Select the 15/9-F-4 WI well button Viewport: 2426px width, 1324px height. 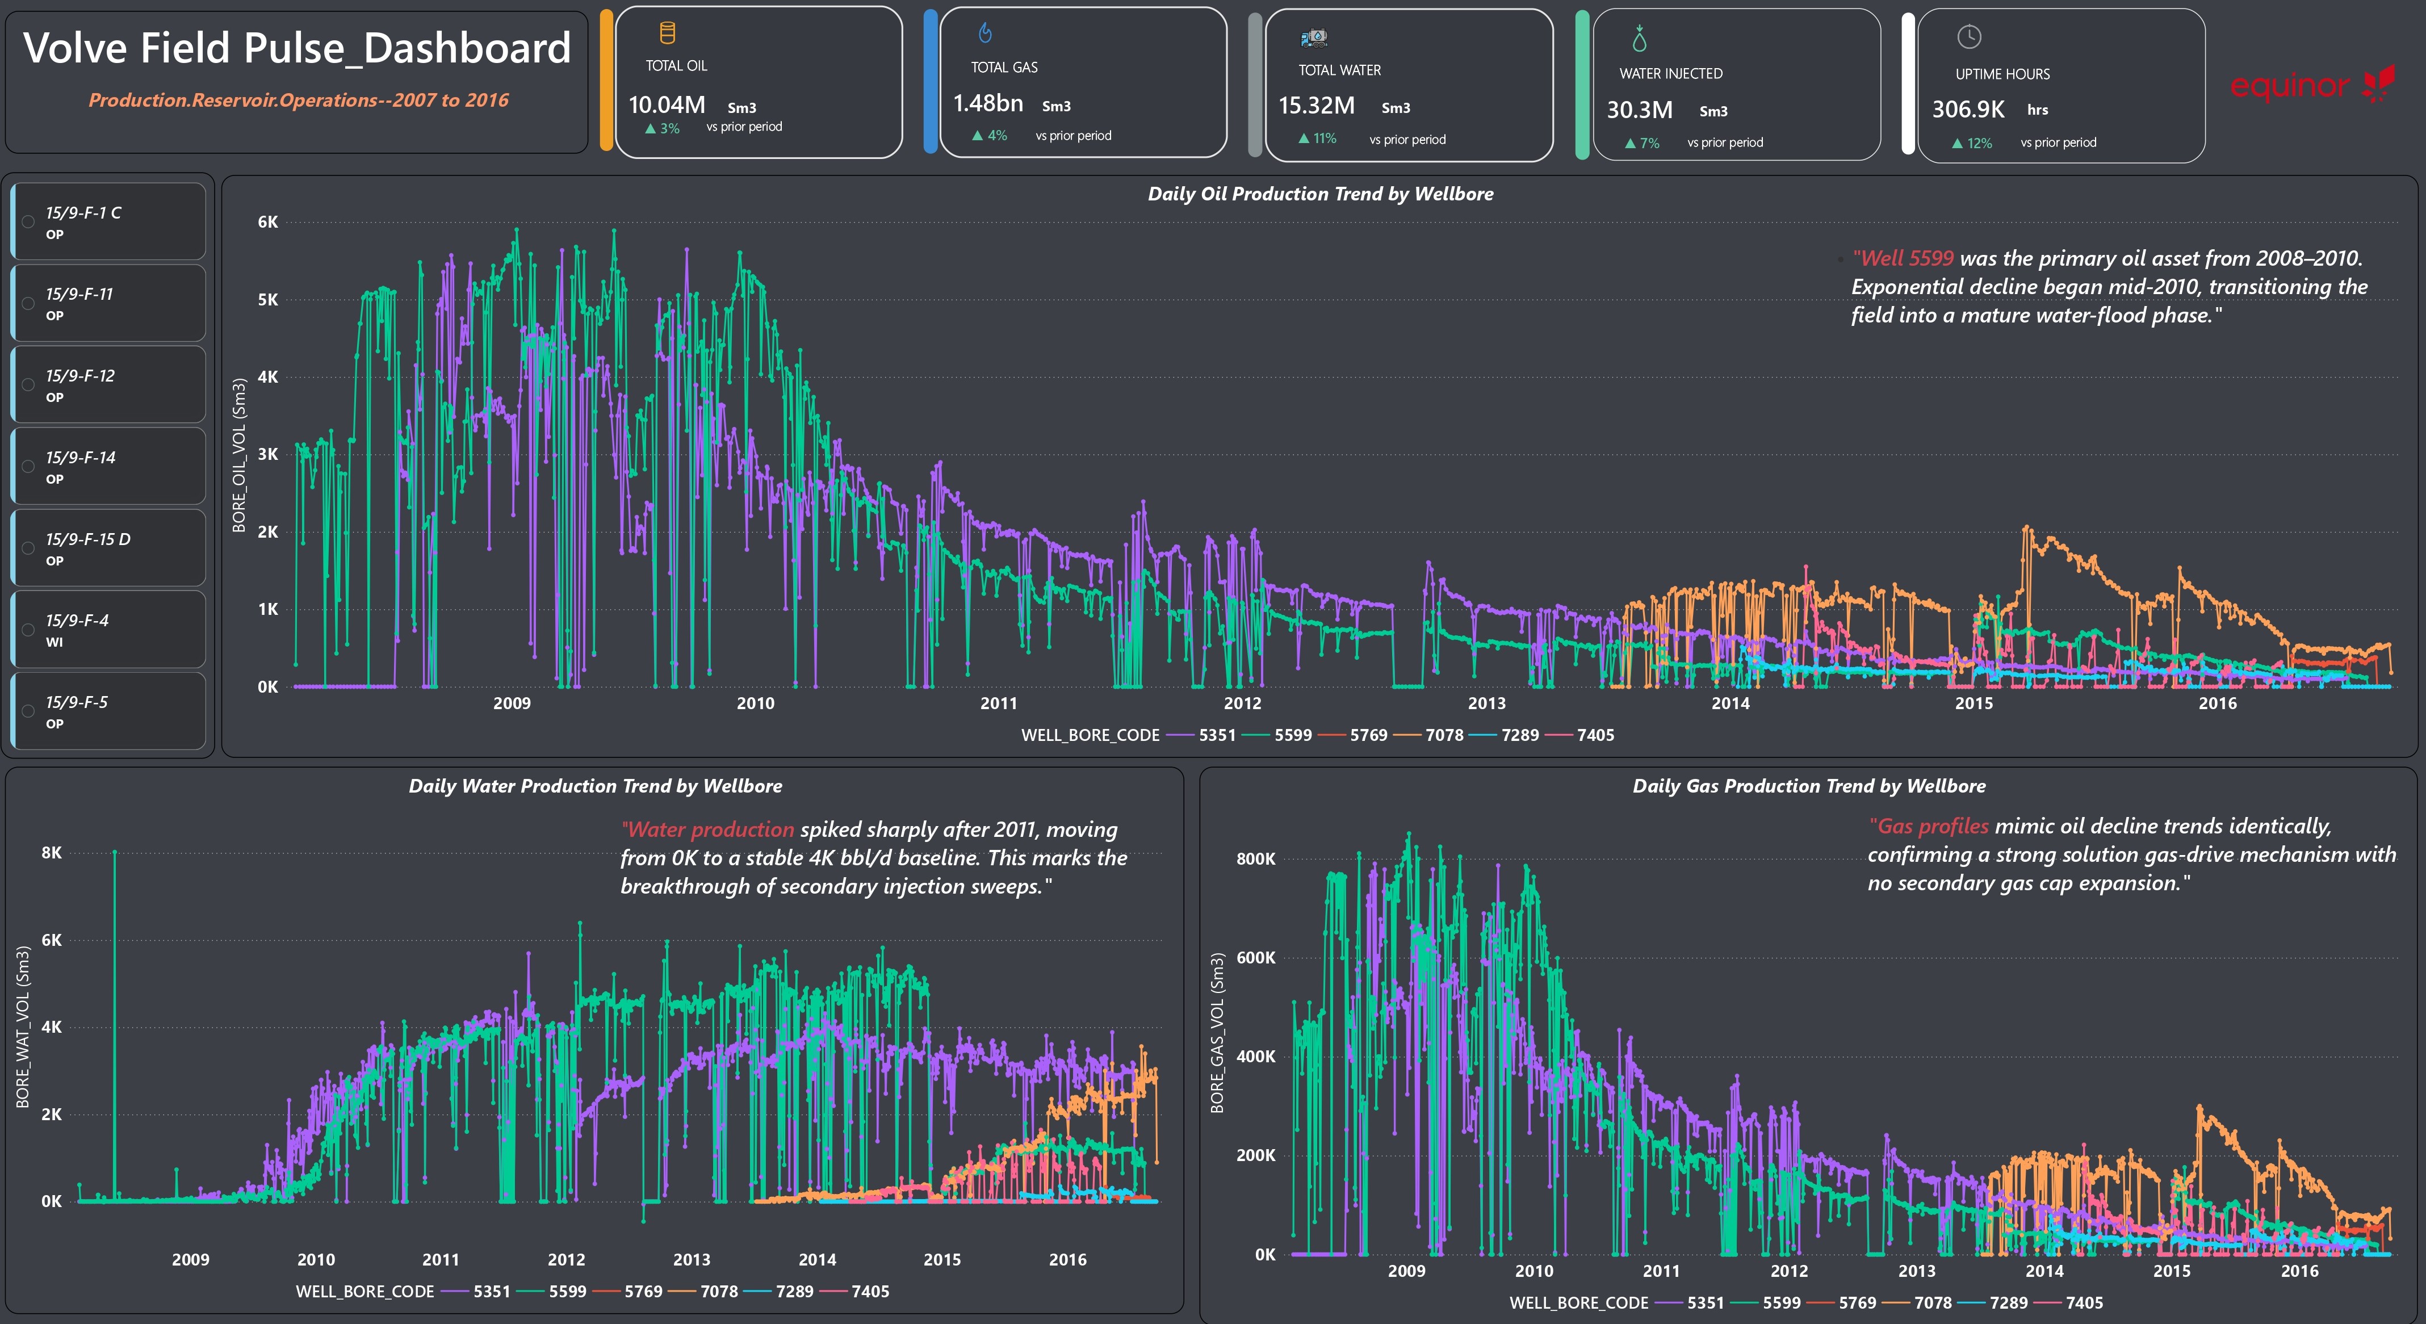pyautogui.click(x=108, y=629)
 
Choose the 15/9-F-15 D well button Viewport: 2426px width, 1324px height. pyautogui.click(x=108, y=548)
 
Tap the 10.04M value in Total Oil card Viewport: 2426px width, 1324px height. pyautogui.click(x=667, y=104)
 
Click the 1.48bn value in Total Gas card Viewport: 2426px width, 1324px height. pyautogui.click(x=988, y=103)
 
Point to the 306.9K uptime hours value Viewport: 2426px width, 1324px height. pyautogui.click(x=1968, y=109)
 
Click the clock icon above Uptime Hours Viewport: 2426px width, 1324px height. pyautogui.click(x=1968, y=37)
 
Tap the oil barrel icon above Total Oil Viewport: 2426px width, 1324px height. pyautogui.click(x=667, y=33)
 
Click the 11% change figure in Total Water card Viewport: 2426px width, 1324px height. pyautogui.click(x=1318, y=139)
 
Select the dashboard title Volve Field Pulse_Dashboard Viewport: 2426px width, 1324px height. pyautogui.click(x=297, y=48)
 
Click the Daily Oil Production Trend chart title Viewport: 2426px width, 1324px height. pyautogui.click(x=1321, y=194)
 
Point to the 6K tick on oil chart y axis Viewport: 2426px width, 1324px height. pyautogui.click(x=267, y=222)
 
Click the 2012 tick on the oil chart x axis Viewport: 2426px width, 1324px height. pyautogui.click(x=1242, y=703)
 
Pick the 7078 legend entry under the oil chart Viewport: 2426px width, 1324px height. pyautogui.click(x=1428, y=735)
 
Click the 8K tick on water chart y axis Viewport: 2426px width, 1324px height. pyautogui.click(x=52, y=853)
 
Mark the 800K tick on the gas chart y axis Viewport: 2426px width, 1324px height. pyautogui.click(x=1255, y=859)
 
